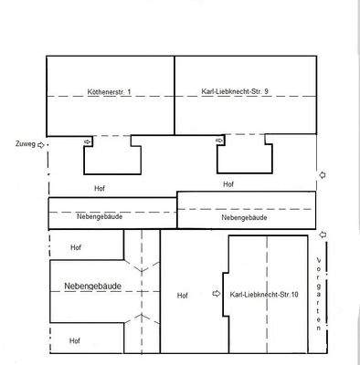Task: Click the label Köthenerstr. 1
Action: [110, 91]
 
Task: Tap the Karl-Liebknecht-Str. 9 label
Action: [235, 91]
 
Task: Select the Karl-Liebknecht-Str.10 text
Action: [264, 295]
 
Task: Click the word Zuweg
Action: [26, 144]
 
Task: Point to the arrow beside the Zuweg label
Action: [41, 145]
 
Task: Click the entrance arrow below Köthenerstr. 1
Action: [88, 141]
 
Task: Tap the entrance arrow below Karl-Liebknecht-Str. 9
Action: [219, 141]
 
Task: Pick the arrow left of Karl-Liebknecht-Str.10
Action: [217, 294]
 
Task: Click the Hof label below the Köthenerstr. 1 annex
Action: [100, 188]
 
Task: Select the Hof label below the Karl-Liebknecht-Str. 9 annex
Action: [228, 184]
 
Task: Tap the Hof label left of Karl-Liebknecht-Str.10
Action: [183, 296]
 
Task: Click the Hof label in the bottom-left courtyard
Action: [75, 340]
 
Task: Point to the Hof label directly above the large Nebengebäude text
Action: [76, 247]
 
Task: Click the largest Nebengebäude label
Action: [93, 287]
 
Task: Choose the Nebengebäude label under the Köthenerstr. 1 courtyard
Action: [100, 216]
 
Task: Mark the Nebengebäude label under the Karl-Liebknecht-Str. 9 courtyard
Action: [244, 217]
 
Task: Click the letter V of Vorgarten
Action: [319, 261]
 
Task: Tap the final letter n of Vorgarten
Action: [319, 328]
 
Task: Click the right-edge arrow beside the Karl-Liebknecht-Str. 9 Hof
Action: [323, 175]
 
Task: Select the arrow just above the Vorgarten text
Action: [323, 235]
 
